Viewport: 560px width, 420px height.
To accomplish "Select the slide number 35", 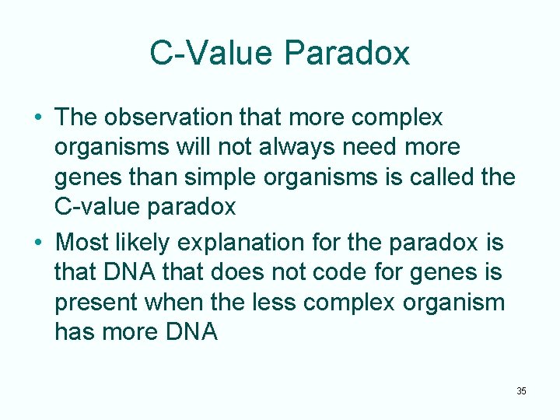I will pos(521,390).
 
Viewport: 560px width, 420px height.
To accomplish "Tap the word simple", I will pos(215,177).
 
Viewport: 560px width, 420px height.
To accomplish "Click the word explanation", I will pos(246,243).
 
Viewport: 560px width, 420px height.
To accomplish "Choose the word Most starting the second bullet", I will pos(83,243).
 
